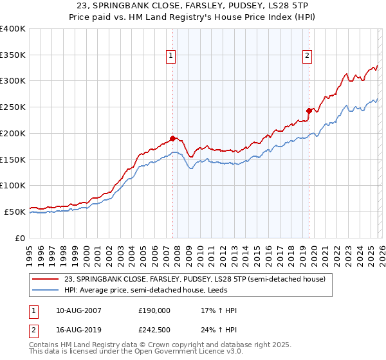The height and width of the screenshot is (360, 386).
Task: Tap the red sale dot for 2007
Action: point(172,138)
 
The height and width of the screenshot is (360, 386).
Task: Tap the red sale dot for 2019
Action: point(309,111)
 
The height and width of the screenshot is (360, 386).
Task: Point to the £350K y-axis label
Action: point(12,55)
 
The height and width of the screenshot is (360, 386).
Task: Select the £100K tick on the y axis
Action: point(12,185)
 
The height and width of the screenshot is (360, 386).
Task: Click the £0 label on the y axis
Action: point(21,238)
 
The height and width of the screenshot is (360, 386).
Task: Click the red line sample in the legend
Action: point(45,279)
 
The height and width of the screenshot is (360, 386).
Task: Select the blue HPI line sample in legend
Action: point(45,290)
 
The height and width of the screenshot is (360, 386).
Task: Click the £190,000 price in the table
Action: point(154,310)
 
